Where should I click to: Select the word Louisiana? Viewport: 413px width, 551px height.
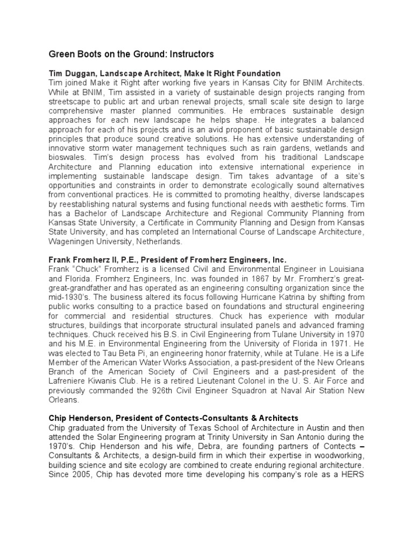pyautogui.click(x=344, y=269)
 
